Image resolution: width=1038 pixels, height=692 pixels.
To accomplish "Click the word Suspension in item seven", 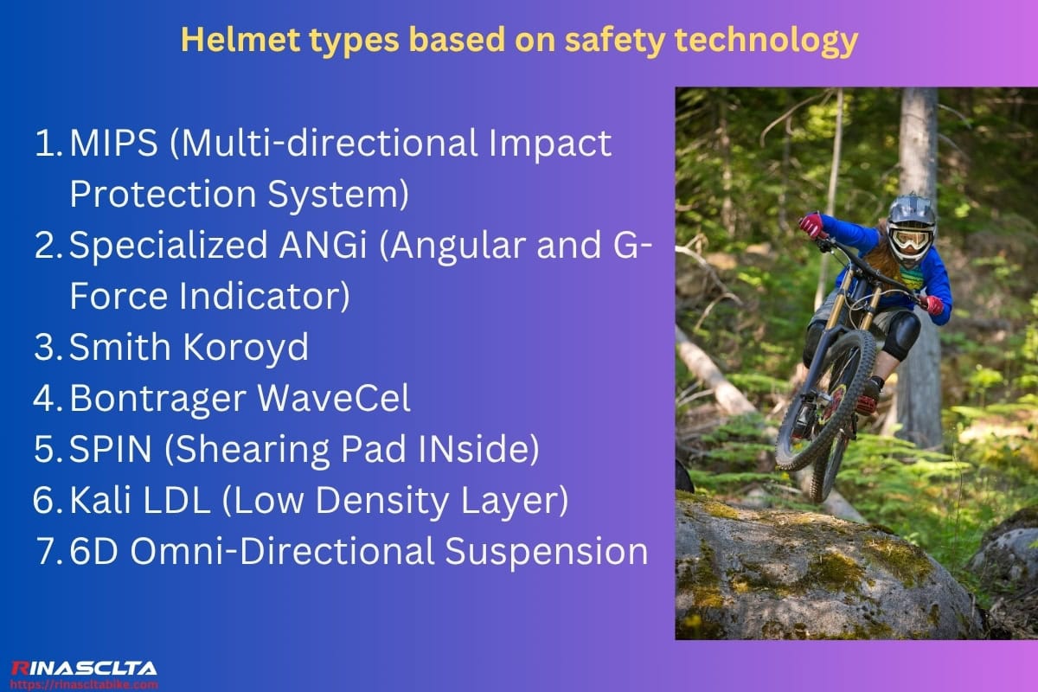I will (548, 551).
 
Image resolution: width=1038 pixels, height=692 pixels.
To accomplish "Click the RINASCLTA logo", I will (84, 668).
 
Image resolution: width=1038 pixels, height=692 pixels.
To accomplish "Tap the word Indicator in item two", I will (265, 297).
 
